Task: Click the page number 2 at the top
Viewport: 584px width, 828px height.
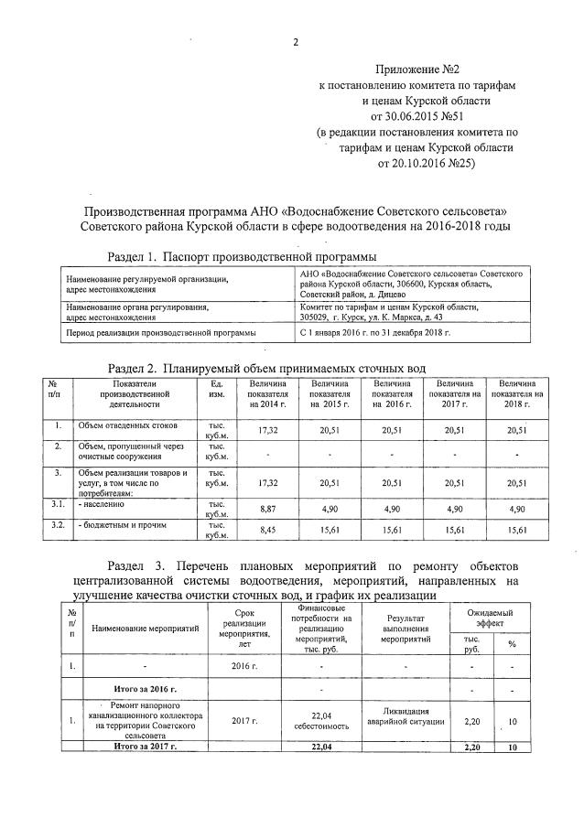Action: click(x=296, y=42)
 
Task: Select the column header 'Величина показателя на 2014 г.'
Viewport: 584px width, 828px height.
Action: click(x=267, y=393)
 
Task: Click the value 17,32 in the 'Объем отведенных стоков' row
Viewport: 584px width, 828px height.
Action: click(x=267, y=429)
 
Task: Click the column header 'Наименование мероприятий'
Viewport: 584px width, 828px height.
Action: click(x=146, y=629)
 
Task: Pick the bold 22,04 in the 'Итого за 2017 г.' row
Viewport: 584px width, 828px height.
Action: click(x=320, y=747)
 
